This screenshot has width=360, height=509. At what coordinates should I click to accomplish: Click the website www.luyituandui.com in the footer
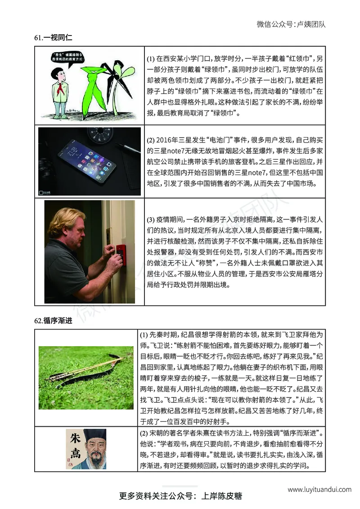pyautogui.click(x=319, y=489)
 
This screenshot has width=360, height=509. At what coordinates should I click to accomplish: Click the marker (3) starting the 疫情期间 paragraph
pyautogui.click(x=151, y=220)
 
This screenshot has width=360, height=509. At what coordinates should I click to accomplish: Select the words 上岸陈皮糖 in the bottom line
pyautogui.click(x=222, y=496)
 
